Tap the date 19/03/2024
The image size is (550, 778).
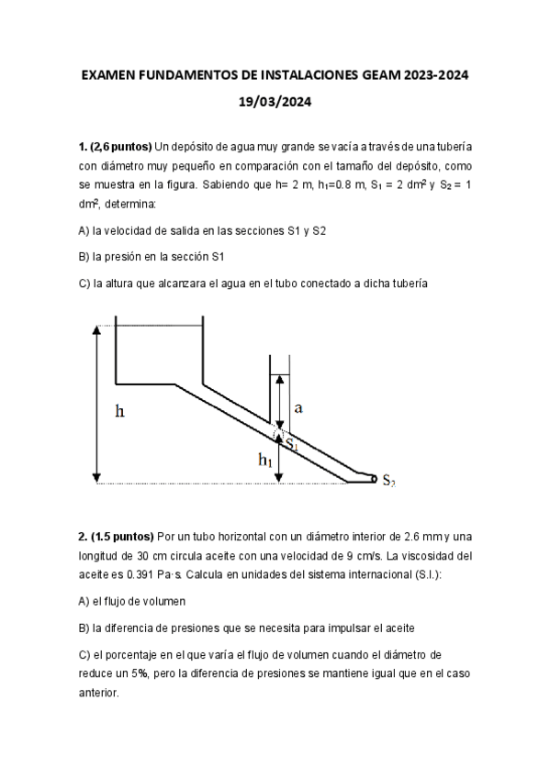click(275, 104)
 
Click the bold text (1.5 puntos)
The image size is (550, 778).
click(121, 536)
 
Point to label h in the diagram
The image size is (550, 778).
click(119, 411)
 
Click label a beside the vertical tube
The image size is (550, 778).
click(297, 406)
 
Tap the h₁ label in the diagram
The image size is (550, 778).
click(266, 459)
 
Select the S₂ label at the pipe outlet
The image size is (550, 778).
click(388, 481)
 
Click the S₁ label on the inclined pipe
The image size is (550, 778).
click(292, 444)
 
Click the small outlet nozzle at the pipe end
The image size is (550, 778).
click(372, 478)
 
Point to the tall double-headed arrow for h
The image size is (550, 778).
click(96, 404)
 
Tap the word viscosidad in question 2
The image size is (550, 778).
click(432, 556)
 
